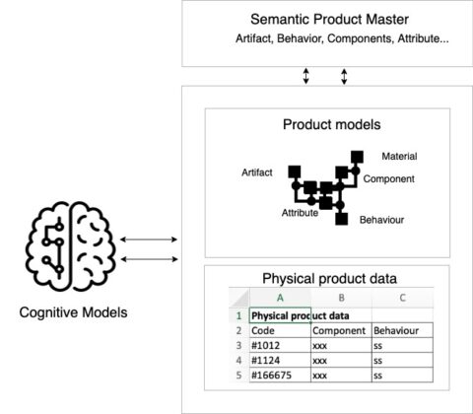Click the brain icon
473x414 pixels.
point(71,245)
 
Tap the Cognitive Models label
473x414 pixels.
point(71,312)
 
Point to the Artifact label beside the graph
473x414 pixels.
point(257,172)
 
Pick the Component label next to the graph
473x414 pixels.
point(388,179)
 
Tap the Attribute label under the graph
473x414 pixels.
point(300,212)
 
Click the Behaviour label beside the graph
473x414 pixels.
point(383,220)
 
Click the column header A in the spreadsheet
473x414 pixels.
point(280,298)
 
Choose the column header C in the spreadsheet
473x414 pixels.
point(402,298)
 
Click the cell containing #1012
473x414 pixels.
point(267,346)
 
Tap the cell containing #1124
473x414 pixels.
point(267,361)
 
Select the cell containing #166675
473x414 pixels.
point(273,376)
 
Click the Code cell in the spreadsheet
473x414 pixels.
point(263,331)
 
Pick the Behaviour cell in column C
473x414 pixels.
point(399,331)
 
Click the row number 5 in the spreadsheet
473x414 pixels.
point(238,376)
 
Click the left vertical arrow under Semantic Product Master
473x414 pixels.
point(305,76)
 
